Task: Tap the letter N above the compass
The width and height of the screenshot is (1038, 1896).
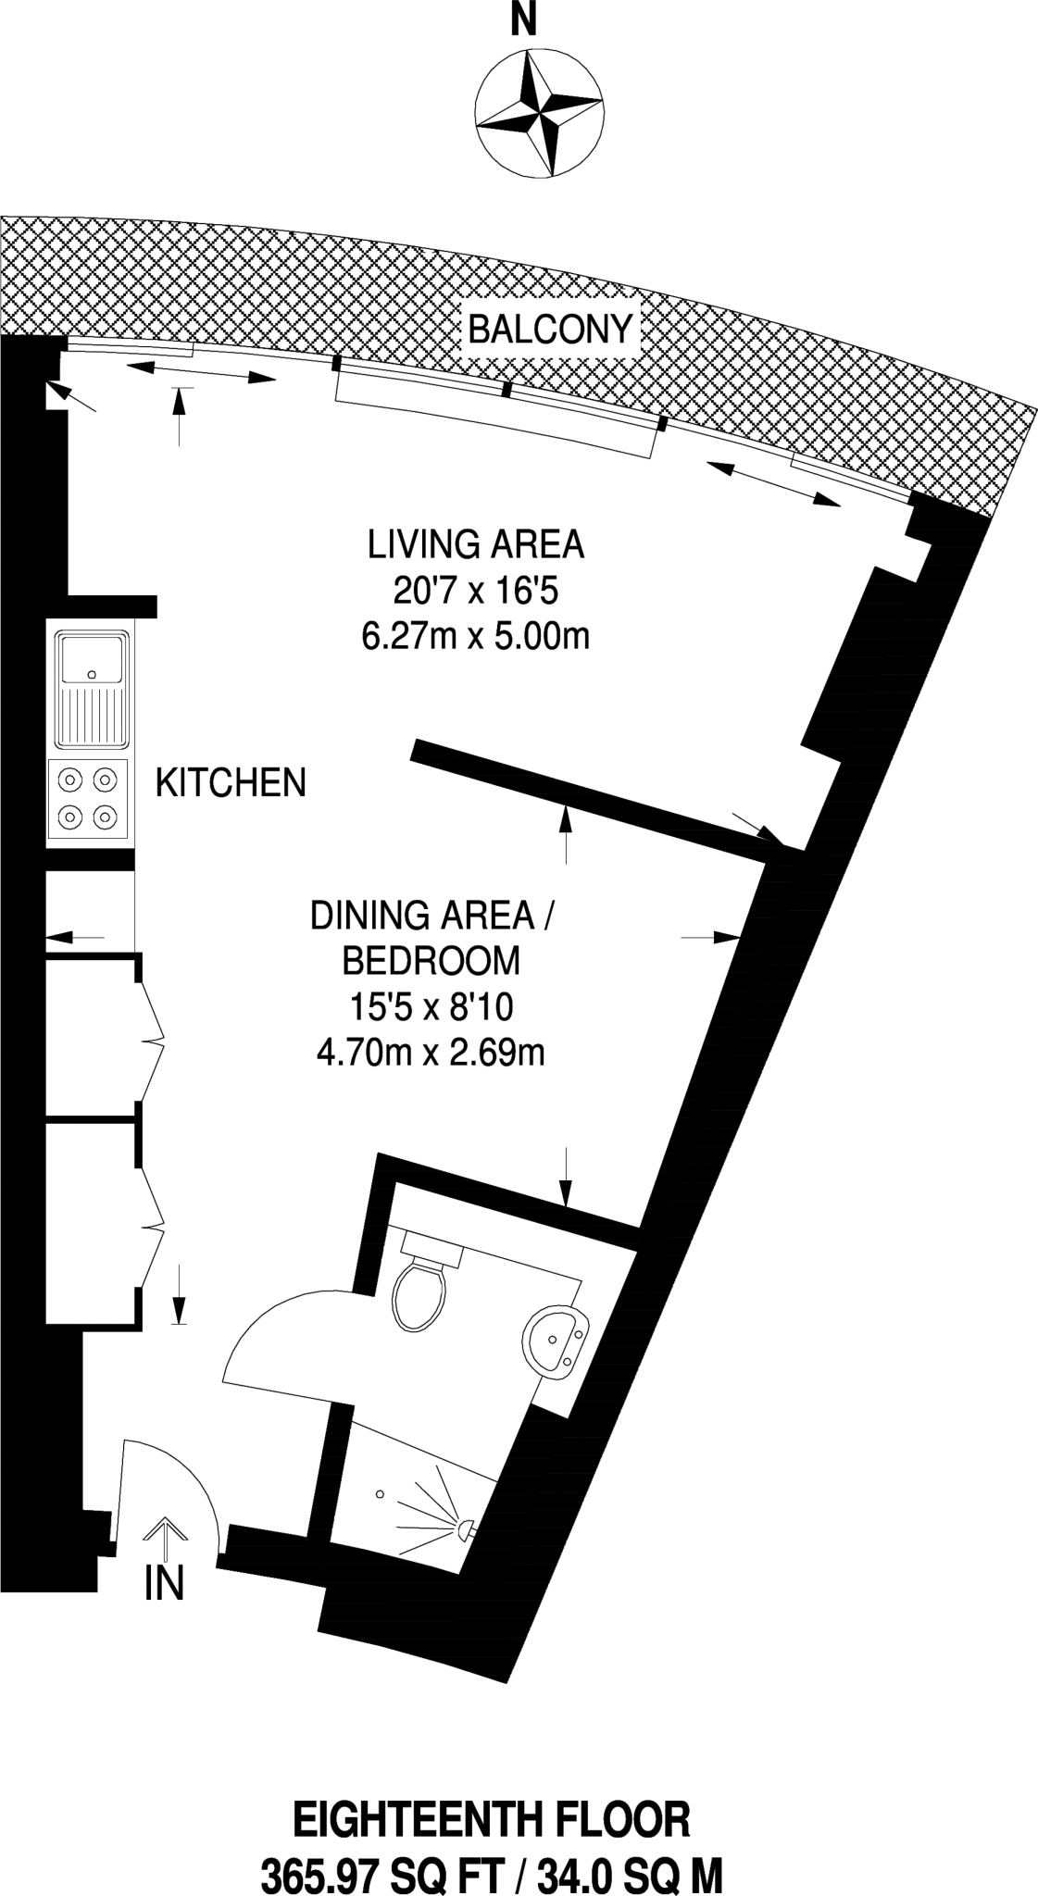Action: pyautogui.click(x=525, y=20)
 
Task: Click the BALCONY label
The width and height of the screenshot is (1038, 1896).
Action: pyautogui.click(x=550, y=330)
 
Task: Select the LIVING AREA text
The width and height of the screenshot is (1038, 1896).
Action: pyautogui.click(x=476, y=544)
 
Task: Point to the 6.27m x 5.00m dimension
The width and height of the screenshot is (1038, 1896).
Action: pyautogui.click(x=476, y=637)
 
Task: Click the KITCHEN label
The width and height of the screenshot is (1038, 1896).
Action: pyautogui.click(x=231, y=783)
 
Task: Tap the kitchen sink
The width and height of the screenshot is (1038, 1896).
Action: pyautogui.click(x=91, y=689)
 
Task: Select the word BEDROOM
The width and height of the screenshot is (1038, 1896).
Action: pyautogui.click(x=431, y=961)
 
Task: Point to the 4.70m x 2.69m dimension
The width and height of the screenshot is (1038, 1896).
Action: pyautogui.click(x=431, y=1054)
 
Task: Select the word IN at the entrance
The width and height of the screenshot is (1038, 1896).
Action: pyautogui.click(x=165, y=1583)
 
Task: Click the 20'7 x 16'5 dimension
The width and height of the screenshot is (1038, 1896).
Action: pyautogui.click(x=476, y=591)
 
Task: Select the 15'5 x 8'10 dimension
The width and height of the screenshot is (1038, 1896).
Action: pyautogui.click(x=431, y=1007)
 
